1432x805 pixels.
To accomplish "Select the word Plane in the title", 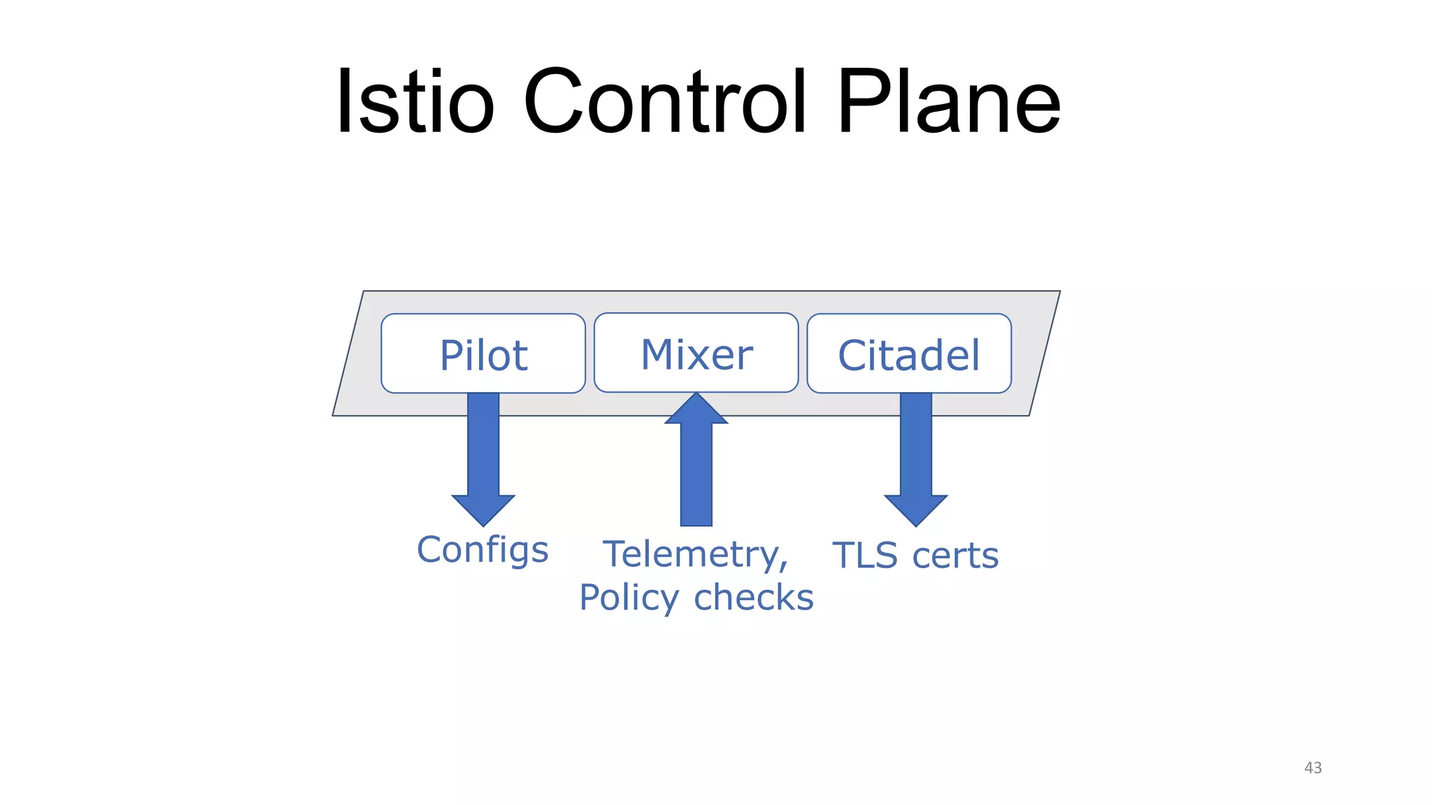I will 948,102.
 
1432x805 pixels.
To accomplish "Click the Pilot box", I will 483,354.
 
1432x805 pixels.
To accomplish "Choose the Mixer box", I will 696,353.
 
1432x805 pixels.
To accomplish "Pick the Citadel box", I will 909,354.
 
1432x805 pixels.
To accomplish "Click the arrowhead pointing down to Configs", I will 483,509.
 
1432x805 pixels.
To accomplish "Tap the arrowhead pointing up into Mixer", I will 696,409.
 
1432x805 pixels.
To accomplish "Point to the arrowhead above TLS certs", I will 916,509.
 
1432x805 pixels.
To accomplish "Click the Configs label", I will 482,550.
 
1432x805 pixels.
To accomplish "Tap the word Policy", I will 629,598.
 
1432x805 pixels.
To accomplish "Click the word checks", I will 754,598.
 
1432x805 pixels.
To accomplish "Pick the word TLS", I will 865,556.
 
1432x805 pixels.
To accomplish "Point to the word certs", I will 955,556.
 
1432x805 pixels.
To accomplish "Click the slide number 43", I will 1312,767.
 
